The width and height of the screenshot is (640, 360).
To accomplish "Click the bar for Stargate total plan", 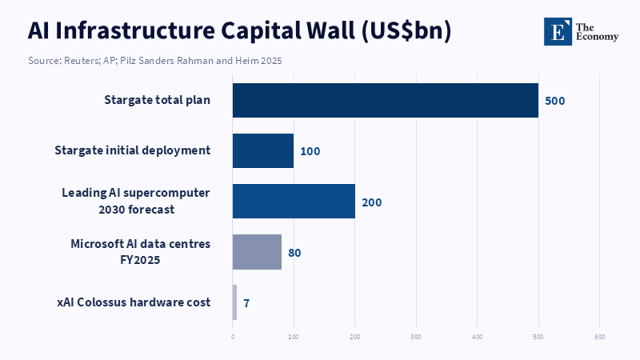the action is (x=386, y=101).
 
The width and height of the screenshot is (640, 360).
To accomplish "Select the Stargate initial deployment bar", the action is (x=263, y=150).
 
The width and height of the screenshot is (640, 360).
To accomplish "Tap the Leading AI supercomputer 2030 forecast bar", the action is (x=294, y=202).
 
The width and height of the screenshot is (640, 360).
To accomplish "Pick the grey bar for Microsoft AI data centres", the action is (x=257, y=252).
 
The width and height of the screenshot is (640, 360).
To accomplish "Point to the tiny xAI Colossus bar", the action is (x=234, y=302).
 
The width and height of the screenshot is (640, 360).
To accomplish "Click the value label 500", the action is (x=555, y=101).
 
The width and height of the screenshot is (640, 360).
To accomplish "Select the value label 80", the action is (x=294, y=253).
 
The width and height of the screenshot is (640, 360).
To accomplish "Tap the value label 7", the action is (x=246, y=303).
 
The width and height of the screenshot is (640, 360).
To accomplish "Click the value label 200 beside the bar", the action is (x=372, y=202).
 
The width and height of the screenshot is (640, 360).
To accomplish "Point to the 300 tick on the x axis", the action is (x=416, y=337).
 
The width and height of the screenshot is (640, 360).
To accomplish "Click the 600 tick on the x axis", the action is (x=599, y=337).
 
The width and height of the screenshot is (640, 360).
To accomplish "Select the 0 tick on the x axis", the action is (x=233, y=337).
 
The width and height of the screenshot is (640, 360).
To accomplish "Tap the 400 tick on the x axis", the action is (x=477, y=337).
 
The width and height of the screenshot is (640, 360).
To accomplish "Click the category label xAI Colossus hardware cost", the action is (x=134, y=302).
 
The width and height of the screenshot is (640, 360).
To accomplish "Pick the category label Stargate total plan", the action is (x=157, y=100).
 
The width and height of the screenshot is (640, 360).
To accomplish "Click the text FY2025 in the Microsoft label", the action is (x=140, y=260).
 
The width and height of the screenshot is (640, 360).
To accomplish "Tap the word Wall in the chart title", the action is (x=330, y=30).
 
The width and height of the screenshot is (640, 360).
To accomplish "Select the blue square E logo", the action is (x=558, y=31).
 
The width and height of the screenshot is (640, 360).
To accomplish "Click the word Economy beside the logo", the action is (x=597, y=37).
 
